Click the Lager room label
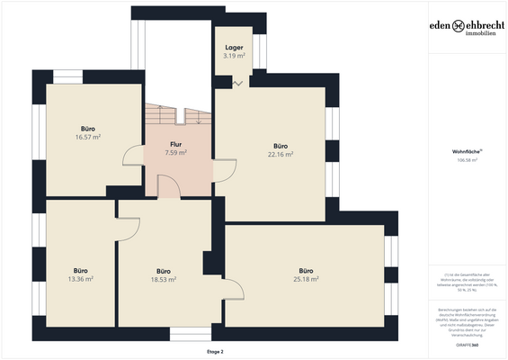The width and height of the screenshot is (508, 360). [234, 48]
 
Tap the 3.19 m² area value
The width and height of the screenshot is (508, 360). [234, 56]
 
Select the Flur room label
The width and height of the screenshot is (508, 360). [176, 144]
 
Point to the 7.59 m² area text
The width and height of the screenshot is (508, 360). [176, 153]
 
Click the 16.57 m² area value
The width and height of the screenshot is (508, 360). [87, 138]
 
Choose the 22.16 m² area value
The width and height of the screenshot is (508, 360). [281, 154]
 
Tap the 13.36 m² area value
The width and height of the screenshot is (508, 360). [82, 279]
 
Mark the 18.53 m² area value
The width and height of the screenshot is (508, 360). [163, 280]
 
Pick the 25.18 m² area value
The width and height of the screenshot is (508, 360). [306, 279]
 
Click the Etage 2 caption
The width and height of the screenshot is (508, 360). [215, 352]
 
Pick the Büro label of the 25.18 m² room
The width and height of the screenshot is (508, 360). [306, 270]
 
